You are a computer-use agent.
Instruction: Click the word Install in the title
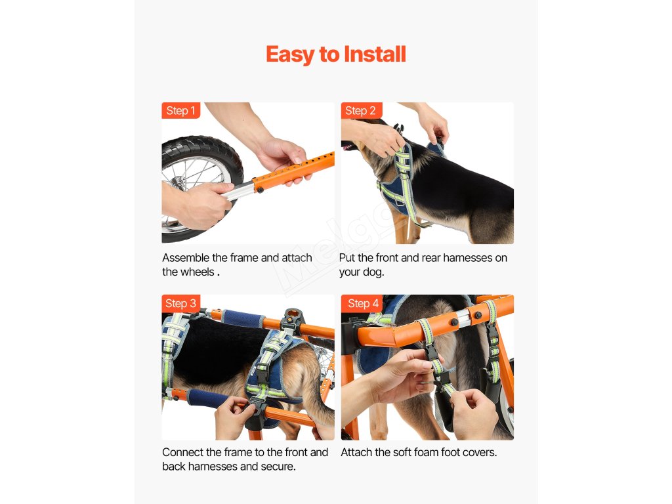point(375,54)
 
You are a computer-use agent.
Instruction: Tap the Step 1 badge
point(180,110)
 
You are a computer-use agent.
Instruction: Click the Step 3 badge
point(181,303)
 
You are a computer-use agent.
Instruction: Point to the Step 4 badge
point(362,303)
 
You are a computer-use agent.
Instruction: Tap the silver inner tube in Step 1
point(238,191)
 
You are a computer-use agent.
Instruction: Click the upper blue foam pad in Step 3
point(243,318)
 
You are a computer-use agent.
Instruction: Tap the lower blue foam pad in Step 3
point(208,398)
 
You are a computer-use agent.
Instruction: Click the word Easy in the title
point(290,55)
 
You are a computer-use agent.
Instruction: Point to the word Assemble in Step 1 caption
point(186,257)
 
